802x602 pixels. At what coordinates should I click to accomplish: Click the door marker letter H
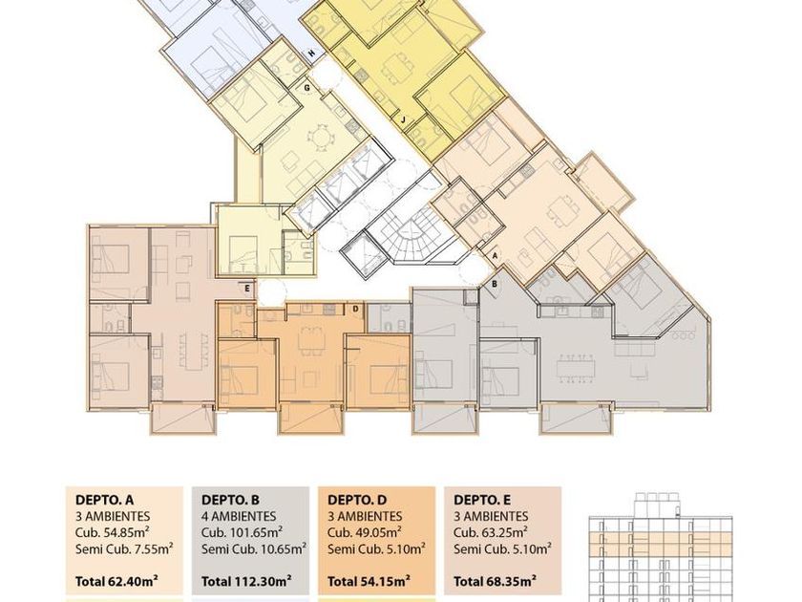point(311,53)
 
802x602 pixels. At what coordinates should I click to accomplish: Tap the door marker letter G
point(306,88)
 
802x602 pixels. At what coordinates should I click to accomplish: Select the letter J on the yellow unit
point(404,120)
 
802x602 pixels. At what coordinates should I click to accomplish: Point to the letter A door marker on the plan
point(495,254)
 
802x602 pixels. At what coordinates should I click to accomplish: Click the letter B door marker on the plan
point(495,284)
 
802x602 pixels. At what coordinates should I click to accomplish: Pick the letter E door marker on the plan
point(247,289)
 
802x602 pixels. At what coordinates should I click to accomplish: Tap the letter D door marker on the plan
point(355,308)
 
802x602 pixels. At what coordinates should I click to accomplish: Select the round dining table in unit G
point(320,139)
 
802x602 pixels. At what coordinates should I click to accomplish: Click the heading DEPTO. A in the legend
point(104,500)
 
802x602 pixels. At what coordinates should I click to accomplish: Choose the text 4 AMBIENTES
point(239,517)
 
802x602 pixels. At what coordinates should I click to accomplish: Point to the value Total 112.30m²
point(246,582)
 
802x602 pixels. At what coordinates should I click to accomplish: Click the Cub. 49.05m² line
point(364,532)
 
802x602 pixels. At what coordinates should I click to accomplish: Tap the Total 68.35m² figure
point(496,582)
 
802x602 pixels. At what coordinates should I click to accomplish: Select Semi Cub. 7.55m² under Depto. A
point(124,549)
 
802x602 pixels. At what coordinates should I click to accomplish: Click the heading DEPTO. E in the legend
point(482,500)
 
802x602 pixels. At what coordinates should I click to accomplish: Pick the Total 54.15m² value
point(369,582)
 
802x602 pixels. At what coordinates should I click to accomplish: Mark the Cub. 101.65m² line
point(242,532)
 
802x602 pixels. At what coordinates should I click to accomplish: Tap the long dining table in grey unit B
point(577,368)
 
